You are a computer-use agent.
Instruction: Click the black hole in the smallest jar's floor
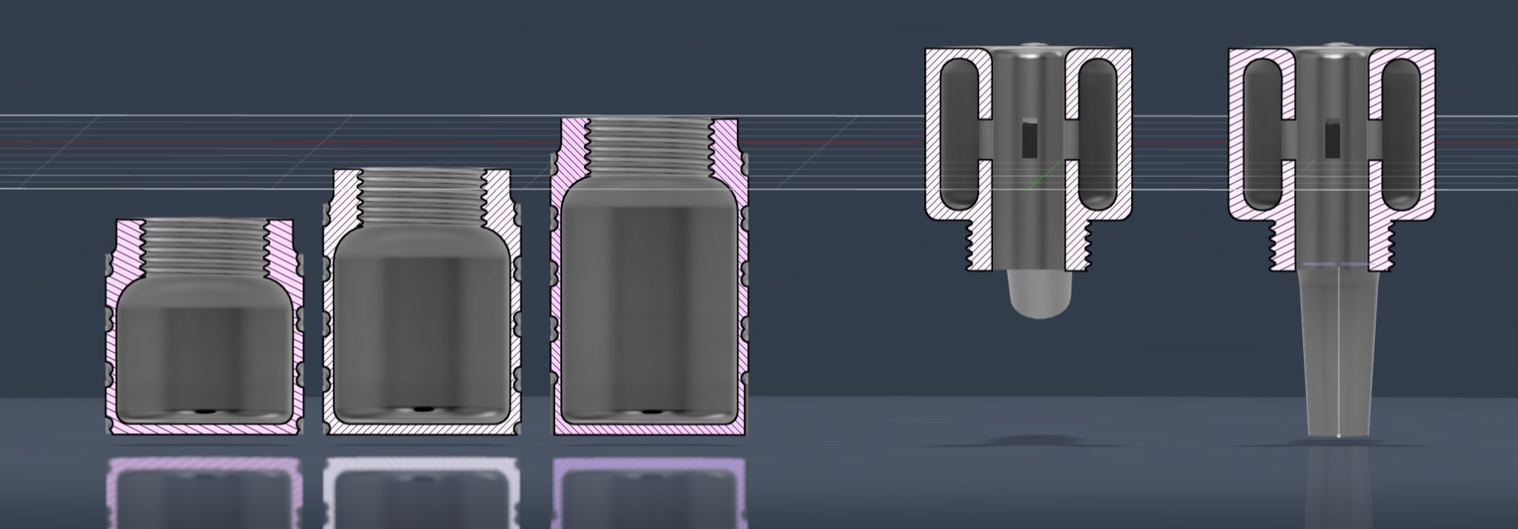coord(202,410)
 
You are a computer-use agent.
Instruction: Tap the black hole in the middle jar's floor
coord(422,408)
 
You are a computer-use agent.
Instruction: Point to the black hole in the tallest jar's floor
coord(652,410)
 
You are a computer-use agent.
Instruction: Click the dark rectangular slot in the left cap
coord(1029,139)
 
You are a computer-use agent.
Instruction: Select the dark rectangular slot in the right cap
coord(1332,139)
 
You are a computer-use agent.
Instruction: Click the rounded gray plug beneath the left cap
coord(1038,293)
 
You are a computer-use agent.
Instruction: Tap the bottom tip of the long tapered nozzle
coord(1338,435)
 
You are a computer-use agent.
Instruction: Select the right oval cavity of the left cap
coord(1097,133)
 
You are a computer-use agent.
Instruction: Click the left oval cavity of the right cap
coord(1262,133)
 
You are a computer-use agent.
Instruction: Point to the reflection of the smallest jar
coord(204,489)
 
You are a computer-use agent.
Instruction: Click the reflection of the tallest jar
coord(649,489)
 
